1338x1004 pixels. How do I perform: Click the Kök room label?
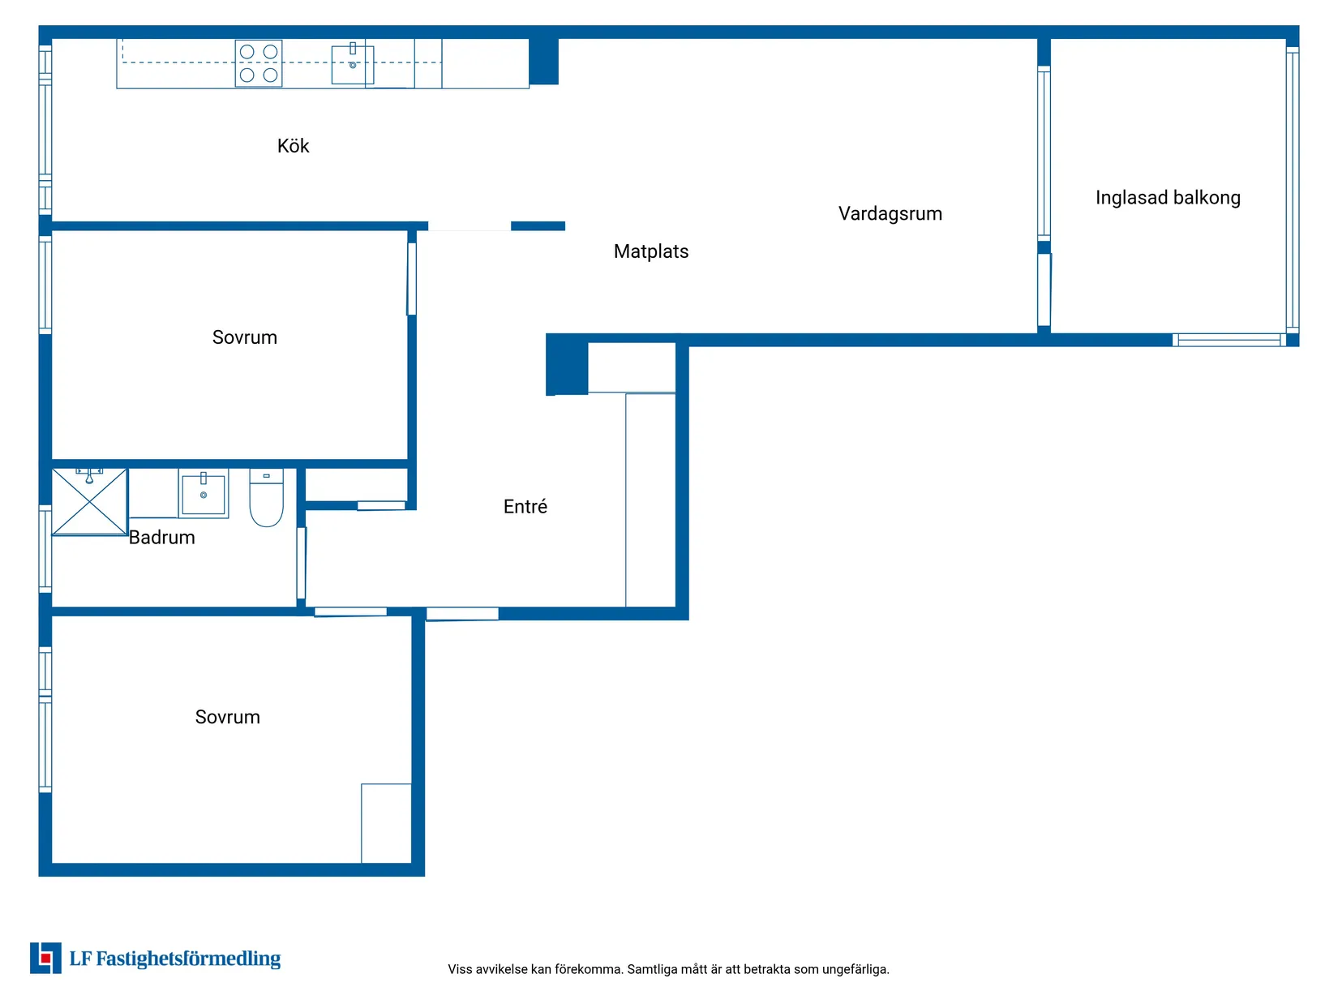coord(293,146)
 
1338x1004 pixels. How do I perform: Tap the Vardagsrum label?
coord(890,213)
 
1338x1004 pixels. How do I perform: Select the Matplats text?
coord(650,251)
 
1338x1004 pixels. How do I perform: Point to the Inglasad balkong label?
coord(1168,198)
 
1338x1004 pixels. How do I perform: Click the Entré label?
coord(525,506)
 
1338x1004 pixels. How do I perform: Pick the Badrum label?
coord(161,537)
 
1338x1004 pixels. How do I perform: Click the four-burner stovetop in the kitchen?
coord(259,63)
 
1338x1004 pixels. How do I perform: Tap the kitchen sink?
coord(352,63)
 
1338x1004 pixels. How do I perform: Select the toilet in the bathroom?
coord(266,497)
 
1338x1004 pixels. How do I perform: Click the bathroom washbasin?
coord(203,493)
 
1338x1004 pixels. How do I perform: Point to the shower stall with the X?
coord(90,502)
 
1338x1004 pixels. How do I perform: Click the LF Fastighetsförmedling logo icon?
coord(45,958)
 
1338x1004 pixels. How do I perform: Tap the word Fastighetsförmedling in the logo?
coord(188,959)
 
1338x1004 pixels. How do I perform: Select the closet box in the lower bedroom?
coord(386,823)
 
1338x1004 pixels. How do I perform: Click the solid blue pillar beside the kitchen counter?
coord(543,62)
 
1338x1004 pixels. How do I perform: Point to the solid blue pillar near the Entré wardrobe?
coord(566,364)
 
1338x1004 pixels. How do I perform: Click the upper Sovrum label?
coord(244,337)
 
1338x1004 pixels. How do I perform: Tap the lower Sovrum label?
coord(227,717)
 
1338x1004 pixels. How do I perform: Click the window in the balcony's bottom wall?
coord(1229,340)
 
